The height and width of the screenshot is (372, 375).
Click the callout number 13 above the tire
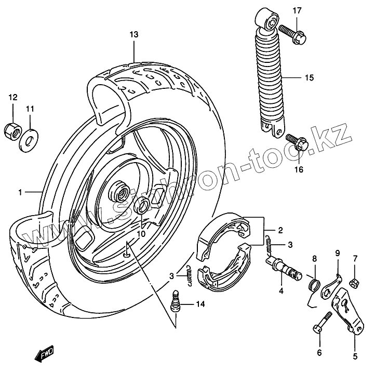pos(134,35)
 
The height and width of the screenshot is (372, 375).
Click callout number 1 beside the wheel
pos(20,193)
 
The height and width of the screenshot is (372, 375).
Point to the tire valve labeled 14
pos(176,301)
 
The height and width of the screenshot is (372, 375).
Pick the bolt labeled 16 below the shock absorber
pos(295,142)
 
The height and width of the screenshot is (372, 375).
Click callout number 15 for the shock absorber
pos(309,78)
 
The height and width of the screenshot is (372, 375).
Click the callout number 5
pos(356,356)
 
